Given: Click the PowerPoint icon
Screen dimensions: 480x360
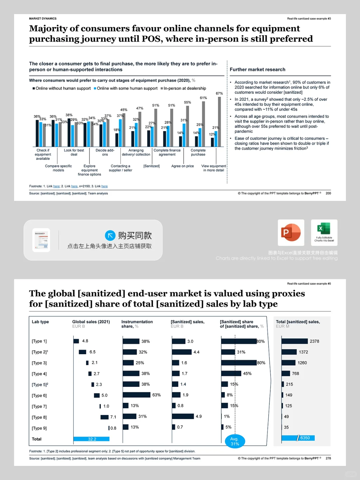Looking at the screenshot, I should (x=291, y=232).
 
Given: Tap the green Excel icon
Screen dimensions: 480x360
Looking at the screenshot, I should (x=324, y=229).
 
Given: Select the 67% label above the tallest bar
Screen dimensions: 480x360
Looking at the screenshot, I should (x=219, y=93).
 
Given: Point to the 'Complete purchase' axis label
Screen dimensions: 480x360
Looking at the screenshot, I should (x=198, y=152).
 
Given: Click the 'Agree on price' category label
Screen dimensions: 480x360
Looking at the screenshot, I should (x=182, y=166).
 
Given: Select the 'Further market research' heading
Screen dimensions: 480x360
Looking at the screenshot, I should (x=257, y=69).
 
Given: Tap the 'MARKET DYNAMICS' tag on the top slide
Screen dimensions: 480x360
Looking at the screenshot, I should (x=43, y=19).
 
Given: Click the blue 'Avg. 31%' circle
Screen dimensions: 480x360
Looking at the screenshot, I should (x=235, y=441).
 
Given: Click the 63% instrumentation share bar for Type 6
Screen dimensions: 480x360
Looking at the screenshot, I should (x=136, y=395).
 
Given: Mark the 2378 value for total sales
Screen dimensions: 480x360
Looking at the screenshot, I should (x=314, y=341).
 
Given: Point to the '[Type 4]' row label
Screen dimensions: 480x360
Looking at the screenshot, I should (x=39, y=374).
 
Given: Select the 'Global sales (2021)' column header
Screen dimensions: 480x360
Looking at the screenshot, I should (x=91, y=322).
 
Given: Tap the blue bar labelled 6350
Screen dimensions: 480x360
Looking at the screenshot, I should (x=298, y=438).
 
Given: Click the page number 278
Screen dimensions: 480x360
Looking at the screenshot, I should (x=328, y=458).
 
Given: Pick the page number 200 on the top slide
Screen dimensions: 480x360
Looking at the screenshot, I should (x=328, y=193).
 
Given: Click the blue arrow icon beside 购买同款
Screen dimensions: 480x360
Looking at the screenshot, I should (x=110, y=235).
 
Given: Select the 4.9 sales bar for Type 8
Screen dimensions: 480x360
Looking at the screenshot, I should (x=183, y=416).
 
